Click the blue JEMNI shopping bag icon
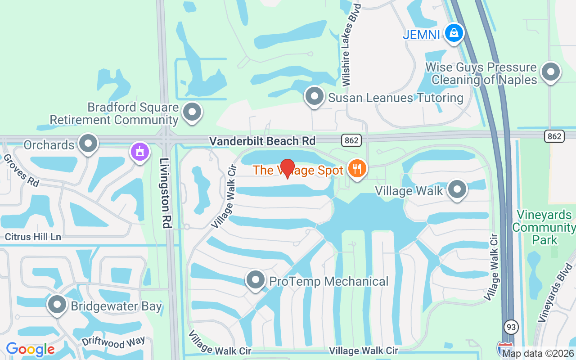click(x=454, y=33)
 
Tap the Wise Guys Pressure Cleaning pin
click(x=550, y=72)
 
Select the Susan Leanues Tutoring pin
click(x=315, y=96)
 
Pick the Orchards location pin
click(x=88, y=144)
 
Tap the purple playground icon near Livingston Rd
click(x=140, y=152)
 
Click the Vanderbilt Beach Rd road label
click(x=262, y=141)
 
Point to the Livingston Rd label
click(x=166, y=193)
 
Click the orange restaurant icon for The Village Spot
click(x=357, y=169)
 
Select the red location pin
click(x=288, y=168)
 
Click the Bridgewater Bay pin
click(x=57, y=305)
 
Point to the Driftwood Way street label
click(x=113, y=342)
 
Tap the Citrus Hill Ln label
click(x=32, y=237)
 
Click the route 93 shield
click(x=511, y=326)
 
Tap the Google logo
click(x=30, y=349)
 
